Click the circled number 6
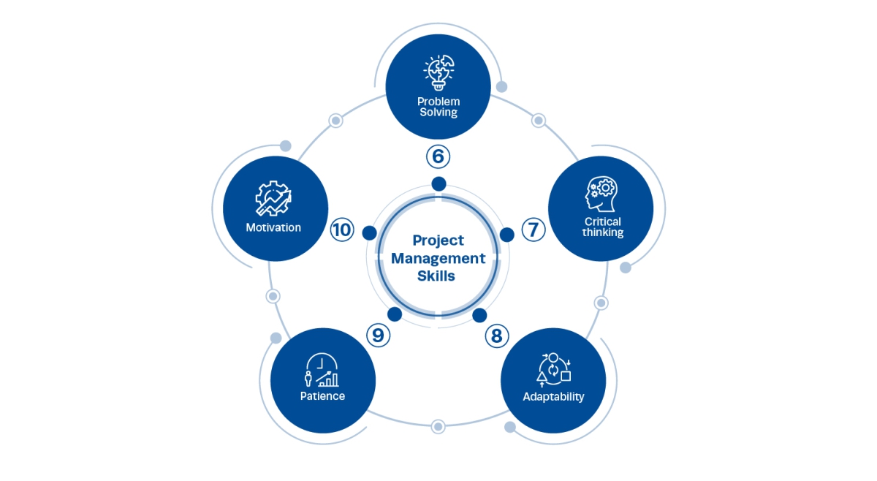pyautogui.click(x=438, y=156)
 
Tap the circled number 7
pyautogui.click(x=534, y=230)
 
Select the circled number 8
pyautogui.click(x=496, y=336)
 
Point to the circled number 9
pyautogui.click(x=378, y=336)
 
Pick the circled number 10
pyautogui.click(x=341, y=230)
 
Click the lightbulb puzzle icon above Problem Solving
pyautogui.click(x=438, y=72)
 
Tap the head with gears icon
pyautogui.click(x=601, y=194)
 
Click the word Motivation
pyautogui.click(x=273, y=227)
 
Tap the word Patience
pyautogui.click(x=322, y=396)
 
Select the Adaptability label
pyautogui.click(x=553, y=397)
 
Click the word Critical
pyautogui.click(x=603, y=221)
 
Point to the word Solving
pyautogui.click(x=438, y=113)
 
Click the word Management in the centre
pyautogui.click(x=438, y=258)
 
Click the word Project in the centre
pyautogui.click(x=438, y=240)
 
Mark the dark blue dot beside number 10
pyautogui.click(x=370, y=233)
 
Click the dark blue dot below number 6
pyautogui.click(x=438, y=184)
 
